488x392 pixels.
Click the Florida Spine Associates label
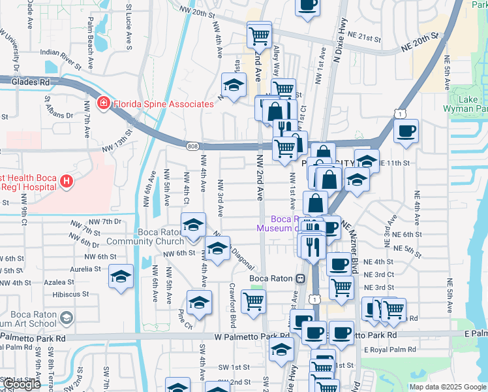pyautogui.click(x=163, y=104)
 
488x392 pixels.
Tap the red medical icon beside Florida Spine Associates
pyautogui.click(x=103, y=104)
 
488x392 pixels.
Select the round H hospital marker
pyautogui.click(x=65, y=181)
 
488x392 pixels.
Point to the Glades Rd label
pyautogui.click(x=31, y=82)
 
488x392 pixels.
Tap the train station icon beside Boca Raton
pyautogui.click(x=301, y=278)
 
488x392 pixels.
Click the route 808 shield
pyautogui.click(x=192, y=146)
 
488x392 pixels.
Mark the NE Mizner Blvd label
pyautogui.click(x=356, y=242)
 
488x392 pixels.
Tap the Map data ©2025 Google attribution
pyautogui.click(x=448, y=387)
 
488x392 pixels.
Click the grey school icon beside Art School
pyautogui.click(x=66, y=318)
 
